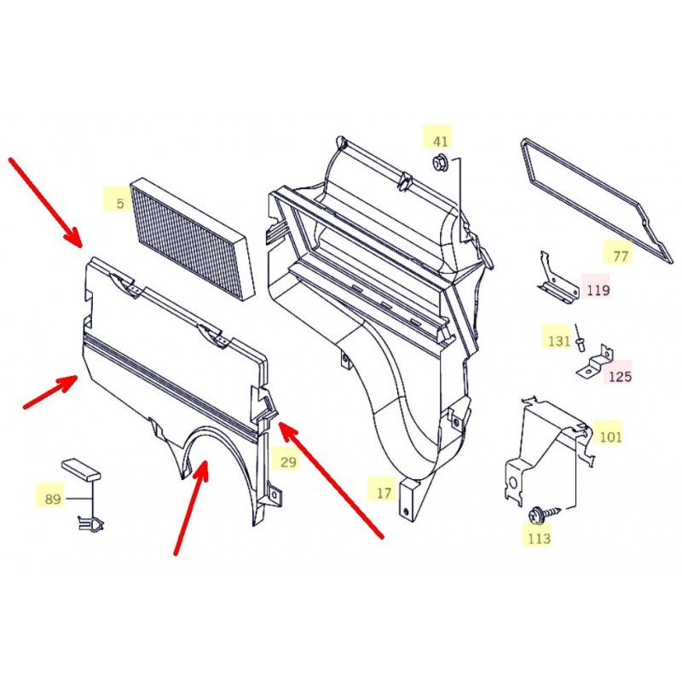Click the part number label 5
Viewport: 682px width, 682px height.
pos(120,203)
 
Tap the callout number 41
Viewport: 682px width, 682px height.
pos(440,142)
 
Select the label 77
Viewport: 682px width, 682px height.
pos(621,257)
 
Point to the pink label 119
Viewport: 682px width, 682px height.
pos(598,290)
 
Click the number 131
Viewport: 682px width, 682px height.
pos(558,340)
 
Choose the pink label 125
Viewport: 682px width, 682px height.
pos(620,376)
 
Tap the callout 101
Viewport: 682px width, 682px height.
pos(610,436)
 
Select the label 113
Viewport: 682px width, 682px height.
pos(539,539)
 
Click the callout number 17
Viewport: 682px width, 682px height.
pos(384,493)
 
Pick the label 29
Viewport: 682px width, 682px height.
pos(288,461)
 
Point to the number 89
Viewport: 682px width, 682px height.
pos(53,499)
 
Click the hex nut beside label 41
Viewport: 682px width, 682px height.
pos(438,163)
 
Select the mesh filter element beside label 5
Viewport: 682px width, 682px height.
pos(193,239)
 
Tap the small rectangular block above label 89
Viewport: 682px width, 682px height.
pos(81,469)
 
